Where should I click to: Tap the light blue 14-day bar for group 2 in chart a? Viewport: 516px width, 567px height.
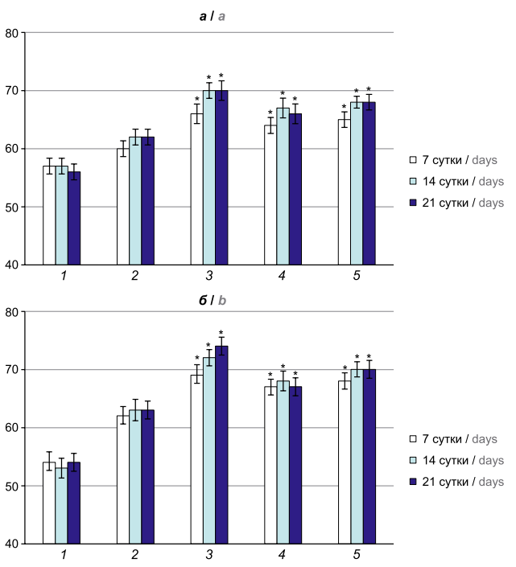135,200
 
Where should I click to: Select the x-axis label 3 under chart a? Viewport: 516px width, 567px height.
209,277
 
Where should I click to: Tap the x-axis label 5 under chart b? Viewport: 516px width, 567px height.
357,555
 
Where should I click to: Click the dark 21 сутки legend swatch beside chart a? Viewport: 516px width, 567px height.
414,203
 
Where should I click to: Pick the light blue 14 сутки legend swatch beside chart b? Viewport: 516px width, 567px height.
414,461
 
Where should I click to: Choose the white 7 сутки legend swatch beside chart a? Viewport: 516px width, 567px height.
414,159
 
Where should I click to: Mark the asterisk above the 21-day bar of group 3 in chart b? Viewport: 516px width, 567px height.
221,333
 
